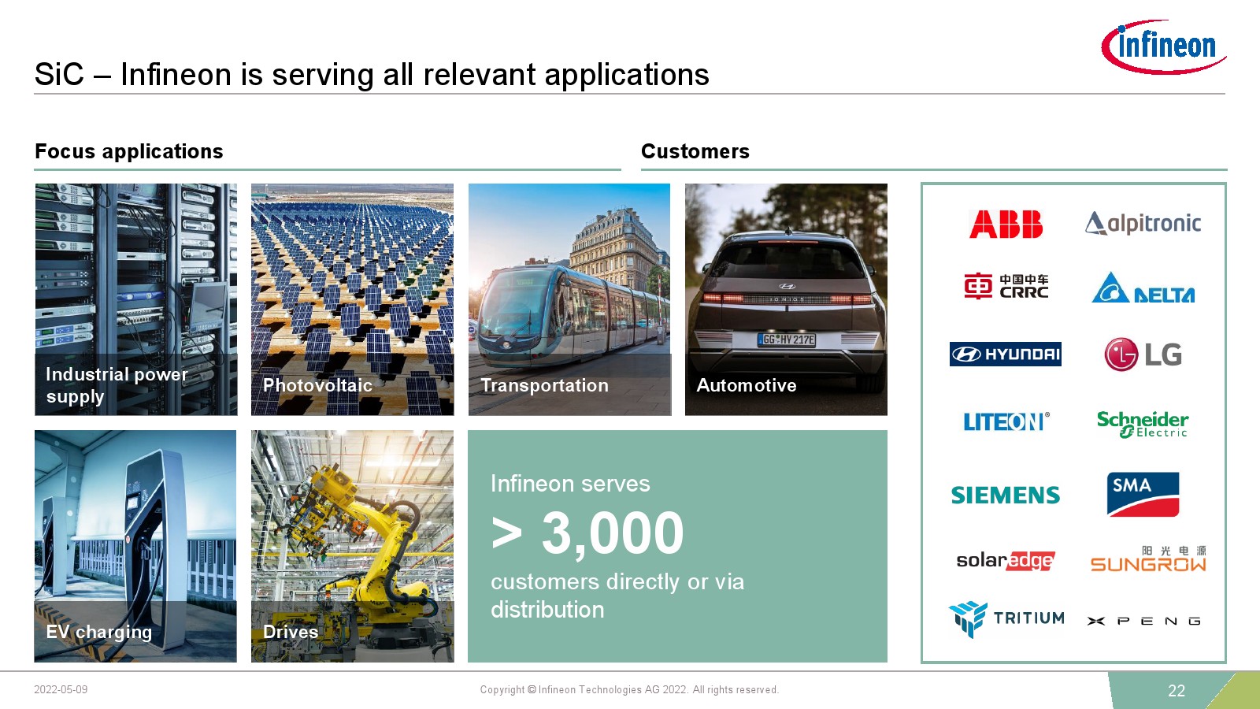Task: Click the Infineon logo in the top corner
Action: click(x=1164, y=46)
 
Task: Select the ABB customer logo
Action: click(x=1006, y=224)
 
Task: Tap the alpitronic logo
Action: click(x=1143, y=224)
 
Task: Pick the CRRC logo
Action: click(x=1006, y=287)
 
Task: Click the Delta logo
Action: click(x=1143, y=288)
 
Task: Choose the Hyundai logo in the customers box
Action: click(x=1005, y=354)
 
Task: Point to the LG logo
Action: click(x=1143, y=354)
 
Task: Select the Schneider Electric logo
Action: click(x=1143, y=425)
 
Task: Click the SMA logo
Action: click(x=1143, y=494)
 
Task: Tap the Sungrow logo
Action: click(x=1148, y=559)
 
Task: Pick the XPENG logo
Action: click(x=1144, y=622)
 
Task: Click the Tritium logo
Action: click(x=1006, y=619)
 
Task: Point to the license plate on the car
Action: click(x=787, y=340)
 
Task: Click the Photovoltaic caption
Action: click(x=318, y=385)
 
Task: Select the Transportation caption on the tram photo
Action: click(x=544, y=385)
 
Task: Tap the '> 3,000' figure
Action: click(x=587, y=533)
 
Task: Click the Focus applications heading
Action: click(x=129, y=151)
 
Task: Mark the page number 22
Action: click(x=1177, y=690)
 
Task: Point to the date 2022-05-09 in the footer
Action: click(x=61, y=689)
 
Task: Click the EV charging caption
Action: click(x=99, y=633)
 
